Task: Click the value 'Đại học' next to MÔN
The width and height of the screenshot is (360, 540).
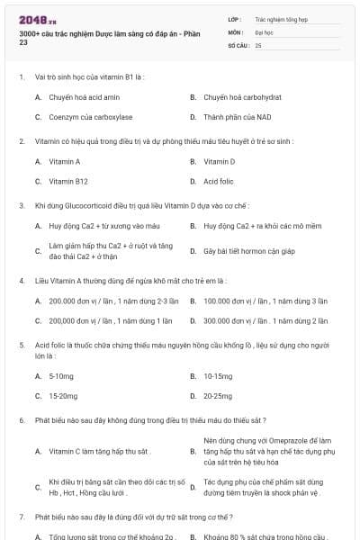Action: (x=264, y=31)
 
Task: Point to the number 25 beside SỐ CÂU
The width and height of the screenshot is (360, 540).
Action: (x=258, y=44)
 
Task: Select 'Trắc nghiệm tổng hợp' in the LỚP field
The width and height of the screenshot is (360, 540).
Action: (x=280, y=18)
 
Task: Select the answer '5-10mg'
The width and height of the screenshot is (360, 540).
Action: (x=60, y=374)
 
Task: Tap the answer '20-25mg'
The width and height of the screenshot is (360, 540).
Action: (x=218, y=395)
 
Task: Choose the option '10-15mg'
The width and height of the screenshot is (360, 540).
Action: (x=218, y=374)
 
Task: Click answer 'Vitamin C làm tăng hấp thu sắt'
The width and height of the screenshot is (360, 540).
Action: (x=99, y=451)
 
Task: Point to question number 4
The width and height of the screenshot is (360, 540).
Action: (x=22, y=280)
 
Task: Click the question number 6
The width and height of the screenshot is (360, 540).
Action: (x=22, y=420)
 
